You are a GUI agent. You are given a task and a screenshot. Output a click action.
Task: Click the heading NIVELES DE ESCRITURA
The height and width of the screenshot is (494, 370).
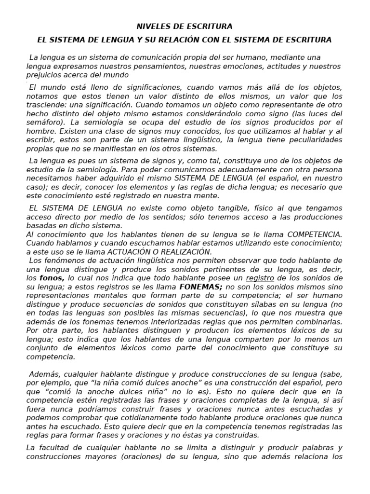pos(185,26)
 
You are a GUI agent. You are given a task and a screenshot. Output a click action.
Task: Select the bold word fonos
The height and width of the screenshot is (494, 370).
pos(52,278)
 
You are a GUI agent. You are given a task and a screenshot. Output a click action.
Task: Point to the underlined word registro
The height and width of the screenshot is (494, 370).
pos(260,278)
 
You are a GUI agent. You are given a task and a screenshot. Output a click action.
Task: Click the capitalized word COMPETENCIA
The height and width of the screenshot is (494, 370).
pos(312,233)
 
